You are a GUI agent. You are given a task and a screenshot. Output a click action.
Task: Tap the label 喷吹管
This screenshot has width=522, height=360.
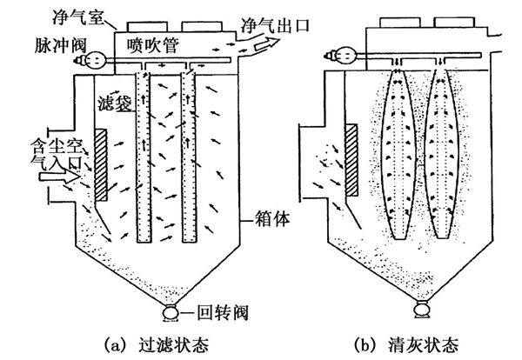pos(155,44)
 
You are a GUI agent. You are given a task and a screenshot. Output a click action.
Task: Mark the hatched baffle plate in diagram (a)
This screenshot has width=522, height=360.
pos(101,163)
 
